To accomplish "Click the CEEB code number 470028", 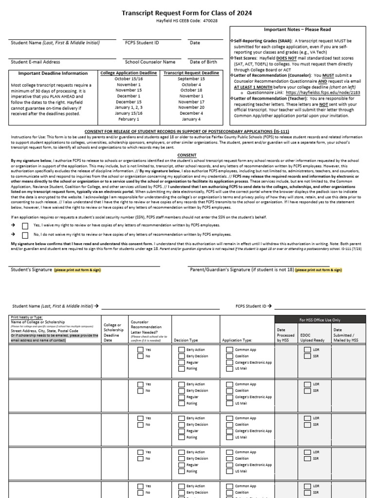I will (210, 21).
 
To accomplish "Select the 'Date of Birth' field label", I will (203, 62).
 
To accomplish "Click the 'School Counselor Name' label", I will (150, 62).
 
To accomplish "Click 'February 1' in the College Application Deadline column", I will (129, 119).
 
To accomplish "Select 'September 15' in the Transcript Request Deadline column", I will (191, 79).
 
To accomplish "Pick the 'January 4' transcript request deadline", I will (191, 119).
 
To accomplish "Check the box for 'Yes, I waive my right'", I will (25, 226).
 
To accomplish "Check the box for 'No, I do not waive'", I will (25, 234).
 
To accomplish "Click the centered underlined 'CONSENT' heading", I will (187, 155).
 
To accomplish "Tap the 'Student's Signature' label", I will (30, 269).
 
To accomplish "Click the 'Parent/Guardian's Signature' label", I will (241, 269).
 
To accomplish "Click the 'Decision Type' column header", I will (186, 340).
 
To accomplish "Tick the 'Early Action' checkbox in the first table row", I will (182, 350).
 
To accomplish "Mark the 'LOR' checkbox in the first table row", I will (307, 350).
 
